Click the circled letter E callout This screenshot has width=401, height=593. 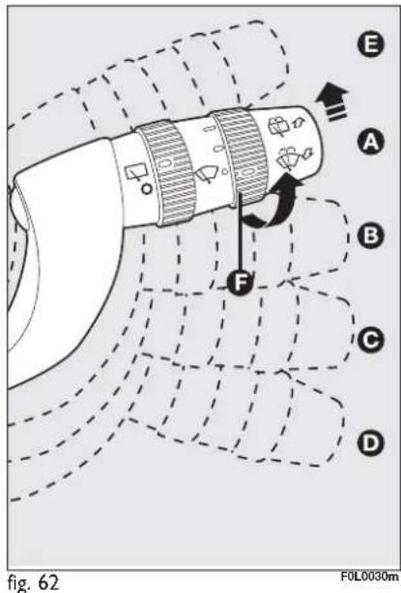(x=370, y=44)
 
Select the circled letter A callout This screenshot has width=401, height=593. (x=370, y=142)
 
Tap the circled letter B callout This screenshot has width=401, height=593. (x=370, y=236)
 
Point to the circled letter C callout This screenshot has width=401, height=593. (x=370, y=340)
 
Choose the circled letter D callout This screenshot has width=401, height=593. (x=370, y=442)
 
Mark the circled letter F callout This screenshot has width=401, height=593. (x=240, y=283)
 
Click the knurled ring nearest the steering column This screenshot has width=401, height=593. (x=166, y=173)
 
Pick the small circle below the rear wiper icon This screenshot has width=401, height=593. (x=147, y=188)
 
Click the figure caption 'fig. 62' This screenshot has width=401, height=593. (x=33, y=582)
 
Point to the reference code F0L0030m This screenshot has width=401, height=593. (x=369, y=577)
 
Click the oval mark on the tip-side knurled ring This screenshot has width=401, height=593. (x=246, y=173)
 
